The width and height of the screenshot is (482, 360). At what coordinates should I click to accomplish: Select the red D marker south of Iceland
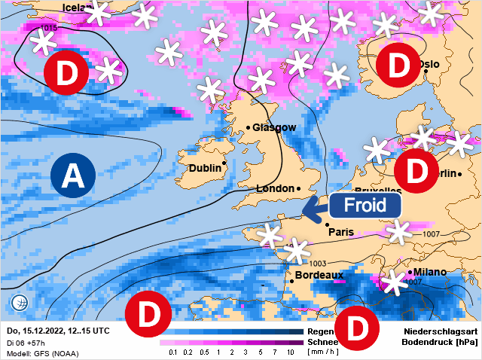(x=66, y=73)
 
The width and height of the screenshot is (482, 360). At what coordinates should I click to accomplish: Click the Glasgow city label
(x=274, y=127)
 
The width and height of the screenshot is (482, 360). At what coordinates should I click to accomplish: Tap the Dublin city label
(x=204, y=168)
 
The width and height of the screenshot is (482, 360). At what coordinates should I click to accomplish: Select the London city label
(x=276, y=188)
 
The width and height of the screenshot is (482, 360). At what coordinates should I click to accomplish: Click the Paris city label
(x=341, y=232)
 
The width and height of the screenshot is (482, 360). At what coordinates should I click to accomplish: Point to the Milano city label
(x=429, y=272)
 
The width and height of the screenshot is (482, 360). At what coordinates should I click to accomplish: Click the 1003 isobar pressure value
(x=318, y=263)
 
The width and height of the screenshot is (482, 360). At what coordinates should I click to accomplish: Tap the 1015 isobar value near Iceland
(x=48, y=28)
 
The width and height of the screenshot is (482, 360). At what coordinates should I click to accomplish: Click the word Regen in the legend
(x=319, y=331)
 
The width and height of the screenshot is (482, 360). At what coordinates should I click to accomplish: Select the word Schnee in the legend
(x=322, y=342)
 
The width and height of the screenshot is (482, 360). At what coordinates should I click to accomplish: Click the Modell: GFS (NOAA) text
(x=42, y=353)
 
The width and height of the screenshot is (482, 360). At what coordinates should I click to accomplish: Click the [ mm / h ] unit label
(x=322, y=352)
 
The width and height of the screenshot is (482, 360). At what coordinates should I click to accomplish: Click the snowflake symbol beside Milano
(x=392, y=282)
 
